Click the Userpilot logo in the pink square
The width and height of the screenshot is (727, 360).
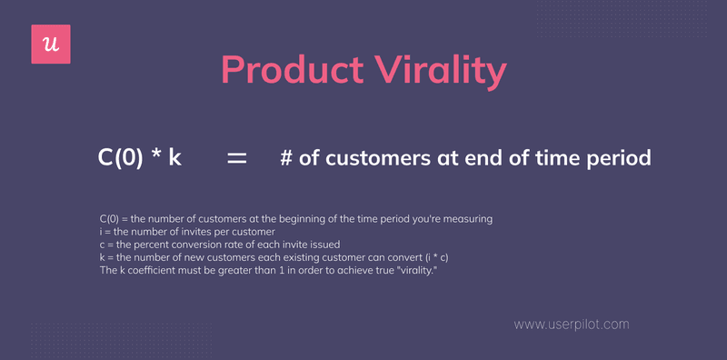point(51,45)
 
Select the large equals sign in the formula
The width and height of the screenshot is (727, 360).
point(236,157)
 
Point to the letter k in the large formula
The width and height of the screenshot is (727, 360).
point(174,157)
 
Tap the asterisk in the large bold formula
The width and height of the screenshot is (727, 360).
point(155,155)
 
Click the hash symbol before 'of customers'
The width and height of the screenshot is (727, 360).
point(285,157)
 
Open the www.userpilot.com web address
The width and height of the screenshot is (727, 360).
point(571,324)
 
